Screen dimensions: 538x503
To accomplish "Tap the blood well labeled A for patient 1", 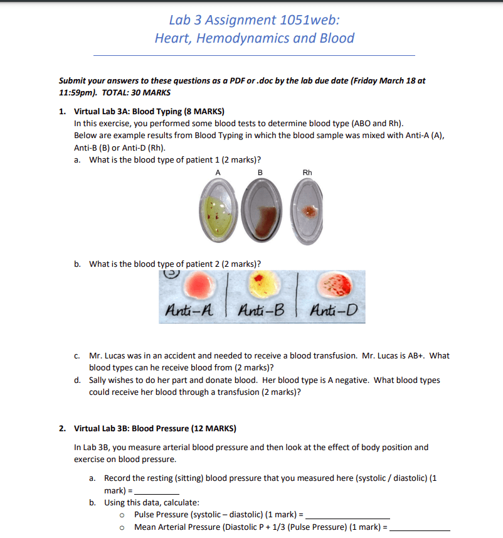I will point(219,210).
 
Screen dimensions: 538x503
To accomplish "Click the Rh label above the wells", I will point(307,173).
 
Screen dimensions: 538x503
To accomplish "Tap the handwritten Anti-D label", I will point(333,310).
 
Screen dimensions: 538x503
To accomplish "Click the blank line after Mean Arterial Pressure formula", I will point(420,528).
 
